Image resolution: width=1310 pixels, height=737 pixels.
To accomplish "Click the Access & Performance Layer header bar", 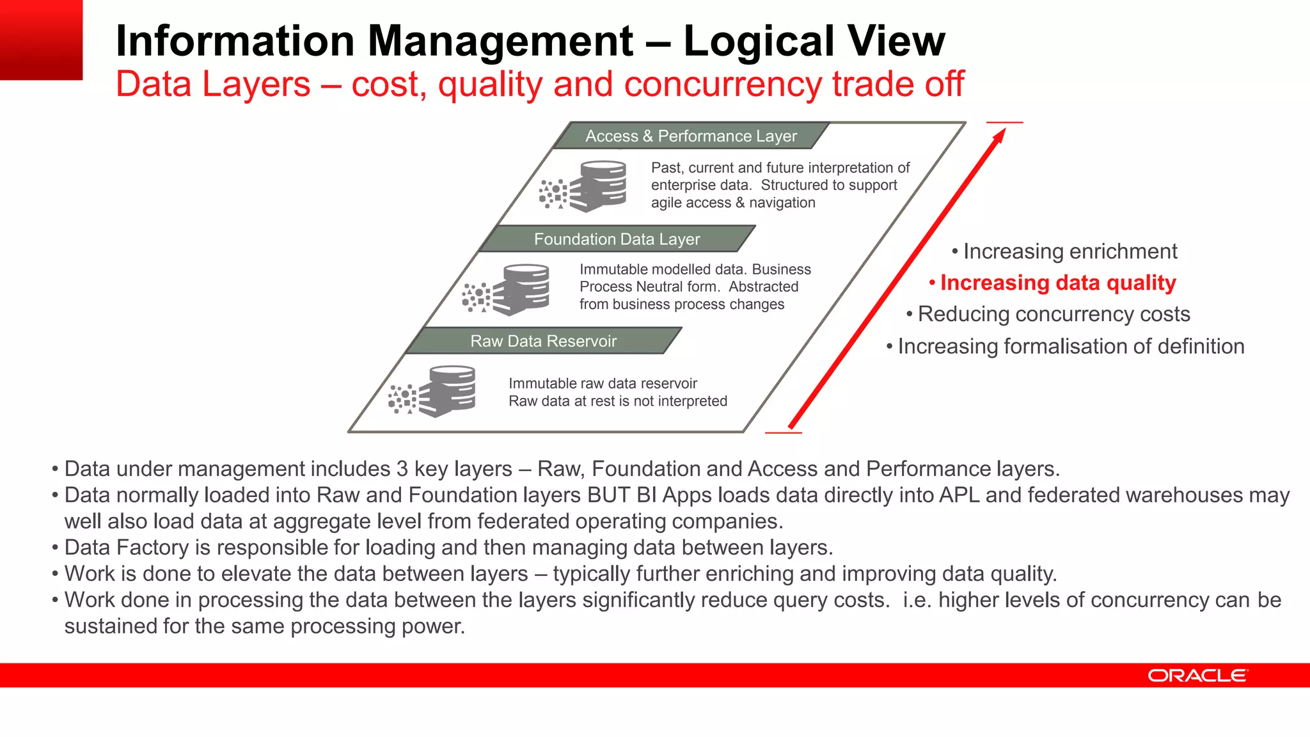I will pyautogui.click(x=691, y=136).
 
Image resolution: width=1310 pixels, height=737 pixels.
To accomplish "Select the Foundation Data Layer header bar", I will pyautogui.click(x=617, y=239).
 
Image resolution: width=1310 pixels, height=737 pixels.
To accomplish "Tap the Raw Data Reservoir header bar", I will pyautogui.click(x=543, y=341).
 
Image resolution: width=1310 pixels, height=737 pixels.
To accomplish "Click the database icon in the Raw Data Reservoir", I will pyautogui.click(x=448, y=390).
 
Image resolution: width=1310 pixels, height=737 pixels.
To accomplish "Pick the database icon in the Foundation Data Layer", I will pyautogui.click(x=521, y=289).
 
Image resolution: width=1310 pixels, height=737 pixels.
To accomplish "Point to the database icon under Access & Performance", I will pyautogui.click(x=598, y=186).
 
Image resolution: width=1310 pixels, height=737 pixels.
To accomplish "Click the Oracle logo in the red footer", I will pyautogui.click(x=1197, y=676).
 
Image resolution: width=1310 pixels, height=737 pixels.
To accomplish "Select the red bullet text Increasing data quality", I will pyautogui.click(x=1057, y=283).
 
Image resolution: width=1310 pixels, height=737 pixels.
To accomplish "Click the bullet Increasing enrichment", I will pyautogui.click(x=1069, y=251).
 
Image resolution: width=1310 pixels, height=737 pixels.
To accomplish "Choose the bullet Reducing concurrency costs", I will pyautogui.click(x=1054, y=314).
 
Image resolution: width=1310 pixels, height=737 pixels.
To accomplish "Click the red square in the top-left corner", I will pyautogui.click(x=41, y=40).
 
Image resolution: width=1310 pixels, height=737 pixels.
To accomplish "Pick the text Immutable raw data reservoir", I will pyautogui.click(x=603, y=383).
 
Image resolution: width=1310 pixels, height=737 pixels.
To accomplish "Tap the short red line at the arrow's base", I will pyautogui.click(x=783, y=433).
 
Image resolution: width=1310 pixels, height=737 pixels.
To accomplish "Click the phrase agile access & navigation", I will pyautogui.click(x=733, y=203).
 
